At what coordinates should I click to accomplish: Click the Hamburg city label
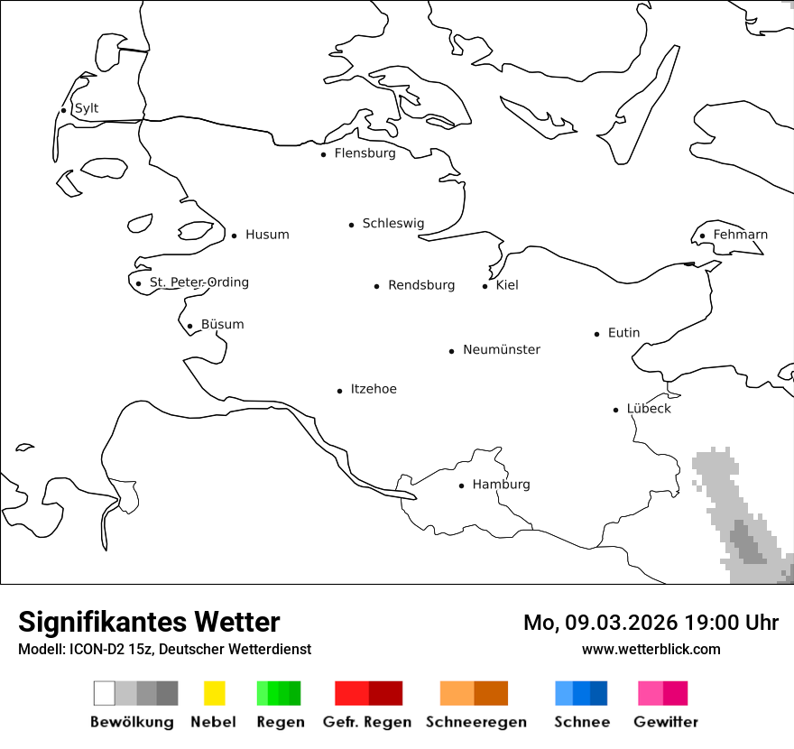(x=501, y=485)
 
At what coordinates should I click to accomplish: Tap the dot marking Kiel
(x=485, y=286)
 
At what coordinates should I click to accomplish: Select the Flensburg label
(x=365, y=153)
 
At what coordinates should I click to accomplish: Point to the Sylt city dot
(x=64, y=110)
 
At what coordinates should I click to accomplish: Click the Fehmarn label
(x=740, y=235)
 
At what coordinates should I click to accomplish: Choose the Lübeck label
(x=649, y=409)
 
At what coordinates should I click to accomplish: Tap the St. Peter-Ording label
(x=198, y=282)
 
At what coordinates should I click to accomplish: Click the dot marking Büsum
(x=190, y=326)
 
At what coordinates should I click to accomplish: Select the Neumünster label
(x=502, y=349)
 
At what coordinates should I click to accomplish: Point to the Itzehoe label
(x=374, y=389)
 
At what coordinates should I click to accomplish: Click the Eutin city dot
(x=597, y=334)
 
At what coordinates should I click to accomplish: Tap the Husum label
(x=267, y=235)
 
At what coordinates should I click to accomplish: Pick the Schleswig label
(x=392, y=223)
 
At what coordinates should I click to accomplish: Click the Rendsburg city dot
(x=377, y=286)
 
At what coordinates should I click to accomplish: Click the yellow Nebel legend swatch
(x=214, y=693)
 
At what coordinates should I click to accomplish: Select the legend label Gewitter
(x=666, y=722)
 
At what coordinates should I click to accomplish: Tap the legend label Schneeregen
(x=475, y=722)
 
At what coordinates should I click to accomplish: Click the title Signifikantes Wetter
(x=149, y=622)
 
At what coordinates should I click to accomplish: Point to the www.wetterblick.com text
(x=651, y=649)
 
